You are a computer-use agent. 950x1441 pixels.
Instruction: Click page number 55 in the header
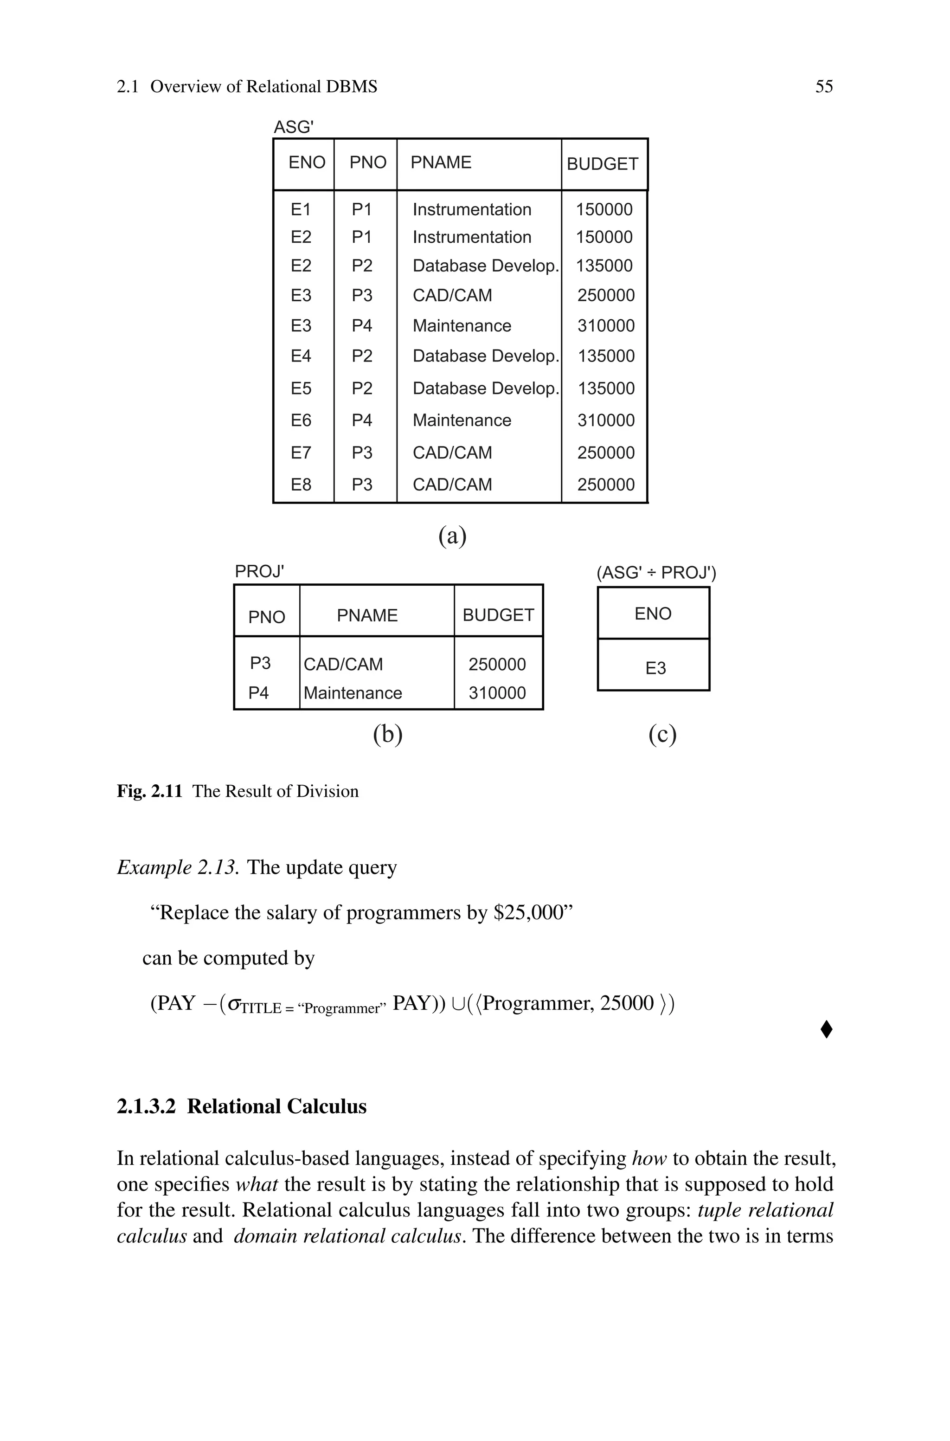click(823, 87)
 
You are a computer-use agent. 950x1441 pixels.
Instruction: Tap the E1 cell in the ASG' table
click(301, 210)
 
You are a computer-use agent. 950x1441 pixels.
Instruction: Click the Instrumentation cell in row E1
click(471, 210)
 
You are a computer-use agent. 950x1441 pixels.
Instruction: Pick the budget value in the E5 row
click(606, 388)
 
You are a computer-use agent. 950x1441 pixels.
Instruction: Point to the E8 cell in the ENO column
click(301, 485)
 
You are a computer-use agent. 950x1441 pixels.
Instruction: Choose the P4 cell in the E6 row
click(362, 420)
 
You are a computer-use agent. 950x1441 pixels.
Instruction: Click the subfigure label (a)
click(452, 536)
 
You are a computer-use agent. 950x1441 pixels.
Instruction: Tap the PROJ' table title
click(259, 571)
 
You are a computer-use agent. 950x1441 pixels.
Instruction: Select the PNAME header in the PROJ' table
click(367, 616)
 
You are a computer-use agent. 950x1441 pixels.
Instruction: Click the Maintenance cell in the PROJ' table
click(353, 693)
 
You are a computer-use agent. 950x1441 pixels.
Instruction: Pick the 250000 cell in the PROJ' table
click(497, 665)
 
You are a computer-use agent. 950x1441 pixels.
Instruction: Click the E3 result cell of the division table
click(655, 668)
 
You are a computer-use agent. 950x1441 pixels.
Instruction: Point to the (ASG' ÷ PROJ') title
click(656, 573)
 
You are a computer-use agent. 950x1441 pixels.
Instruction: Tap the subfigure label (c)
click(662, 735)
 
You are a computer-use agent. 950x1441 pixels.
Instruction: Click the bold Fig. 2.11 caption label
click(149, 791)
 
